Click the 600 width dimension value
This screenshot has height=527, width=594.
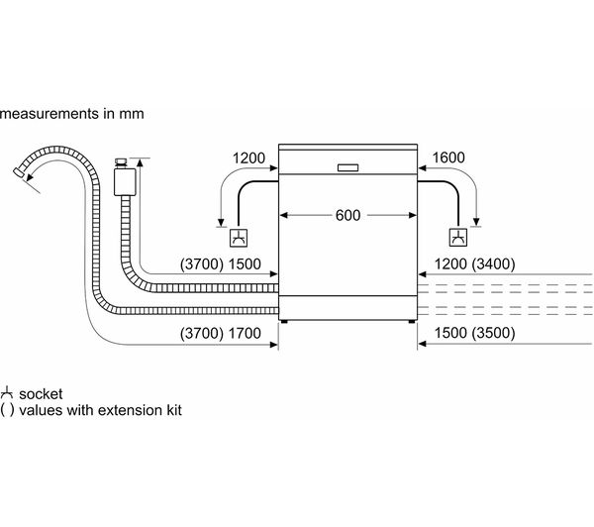[346, 215]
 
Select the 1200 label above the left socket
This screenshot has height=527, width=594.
[250, 157]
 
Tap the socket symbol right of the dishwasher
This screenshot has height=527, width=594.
[458, 237]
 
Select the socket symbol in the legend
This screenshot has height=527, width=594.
[7, 392]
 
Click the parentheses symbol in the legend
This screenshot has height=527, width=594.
[7, 409]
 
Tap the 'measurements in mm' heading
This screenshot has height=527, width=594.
[72, 114]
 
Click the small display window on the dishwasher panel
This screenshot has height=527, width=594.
[346, 167]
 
